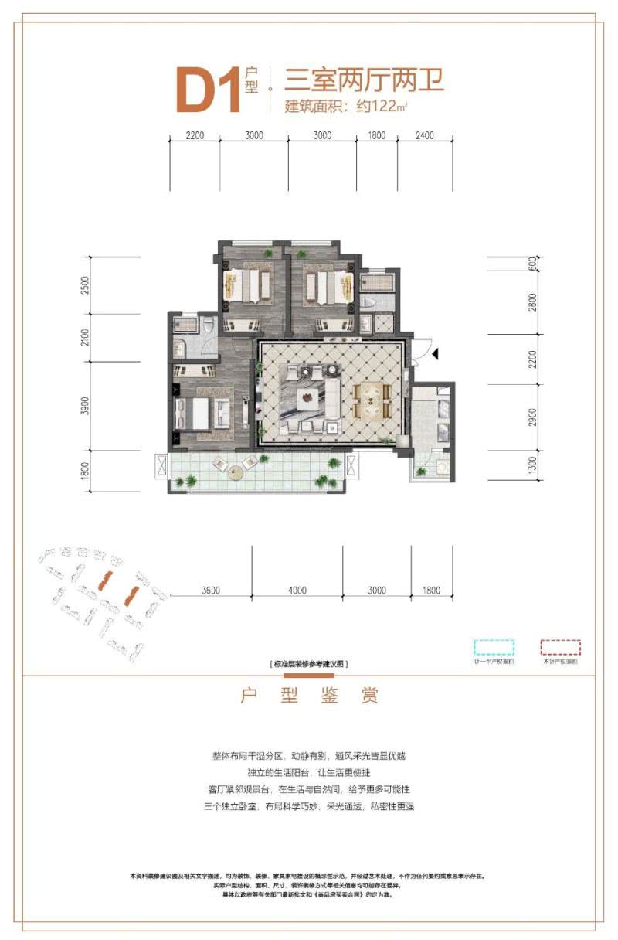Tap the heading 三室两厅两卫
(x=365, y=80)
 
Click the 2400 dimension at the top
(x=424, y=135)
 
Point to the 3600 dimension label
(x=212, y=591)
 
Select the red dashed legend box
(x=560, y=647)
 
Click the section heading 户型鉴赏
(x=309, y=696)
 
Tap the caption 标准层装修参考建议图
(x=309, y=665)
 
